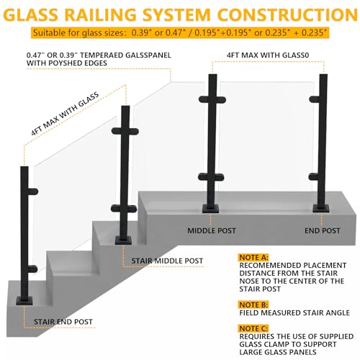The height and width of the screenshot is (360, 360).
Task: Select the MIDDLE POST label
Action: click(x=213, y=231)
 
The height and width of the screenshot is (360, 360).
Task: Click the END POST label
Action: click(x=321, y=231)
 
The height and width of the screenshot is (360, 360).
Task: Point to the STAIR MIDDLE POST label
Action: click(x=168, y=261)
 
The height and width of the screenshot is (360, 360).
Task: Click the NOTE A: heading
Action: click(x=253, y=256)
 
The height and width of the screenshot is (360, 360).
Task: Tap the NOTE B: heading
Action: click(x=253, y=305)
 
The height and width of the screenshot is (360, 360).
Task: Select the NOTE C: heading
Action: click(x=253, y=328)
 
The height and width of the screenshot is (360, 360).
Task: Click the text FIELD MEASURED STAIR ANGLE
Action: click(x=295, y=314)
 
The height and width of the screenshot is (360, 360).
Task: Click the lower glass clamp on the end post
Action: click(x=319, y=175)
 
